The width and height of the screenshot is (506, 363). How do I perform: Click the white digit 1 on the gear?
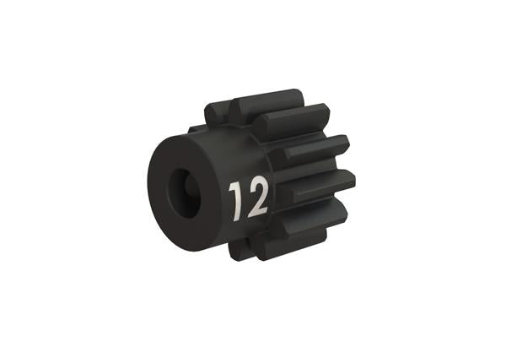click(x=237, y=198)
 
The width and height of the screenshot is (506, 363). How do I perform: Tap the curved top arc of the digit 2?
click(x=257, y=184)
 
